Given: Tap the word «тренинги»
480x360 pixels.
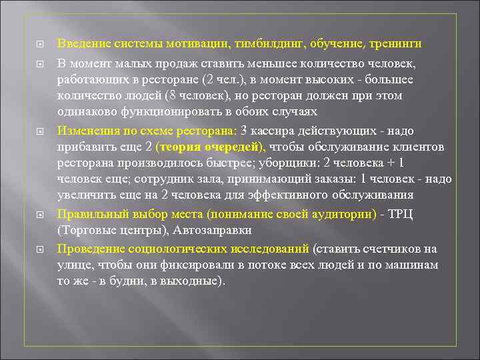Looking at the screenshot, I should (393, 43).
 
